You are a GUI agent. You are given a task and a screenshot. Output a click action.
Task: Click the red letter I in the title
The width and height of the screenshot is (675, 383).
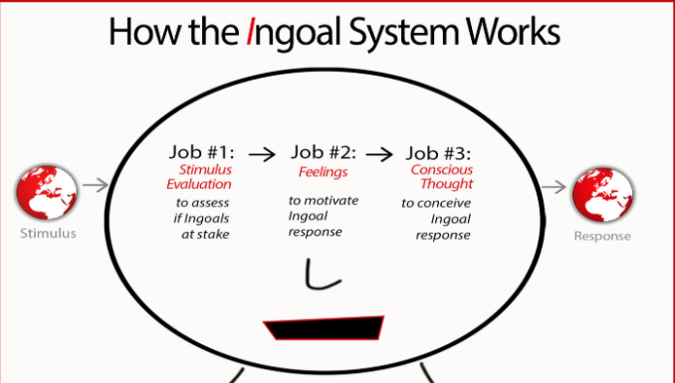pos(250,31)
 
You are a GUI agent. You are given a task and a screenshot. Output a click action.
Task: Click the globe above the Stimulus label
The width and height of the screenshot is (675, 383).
pos(47,192)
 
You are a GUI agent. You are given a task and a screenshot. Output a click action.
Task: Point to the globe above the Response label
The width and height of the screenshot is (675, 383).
pos(602,195)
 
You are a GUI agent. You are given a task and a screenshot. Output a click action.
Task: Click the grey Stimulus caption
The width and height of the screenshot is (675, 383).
pos(48,233)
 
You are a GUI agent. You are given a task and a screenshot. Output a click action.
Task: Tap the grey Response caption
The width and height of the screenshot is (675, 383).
pos(602,236)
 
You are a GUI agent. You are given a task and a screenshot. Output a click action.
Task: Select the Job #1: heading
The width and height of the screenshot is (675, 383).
pos(202,152)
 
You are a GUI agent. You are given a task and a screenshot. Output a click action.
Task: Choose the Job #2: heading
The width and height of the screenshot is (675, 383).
pos(324,152)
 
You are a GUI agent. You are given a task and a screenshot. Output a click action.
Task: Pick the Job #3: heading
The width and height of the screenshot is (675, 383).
pos(439,153)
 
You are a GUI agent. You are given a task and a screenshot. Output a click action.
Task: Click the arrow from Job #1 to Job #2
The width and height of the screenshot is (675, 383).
pos(262,154)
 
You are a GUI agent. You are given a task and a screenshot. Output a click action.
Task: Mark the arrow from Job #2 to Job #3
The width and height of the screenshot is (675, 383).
pos(379,154)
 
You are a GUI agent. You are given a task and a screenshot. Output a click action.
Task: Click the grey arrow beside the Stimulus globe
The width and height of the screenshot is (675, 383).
pos(96,185)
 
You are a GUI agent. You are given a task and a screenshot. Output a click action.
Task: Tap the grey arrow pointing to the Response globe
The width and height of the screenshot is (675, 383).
pos(554,187)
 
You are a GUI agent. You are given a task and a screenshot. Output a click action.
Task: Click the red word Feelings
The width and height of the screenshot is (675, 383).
pos(323,172)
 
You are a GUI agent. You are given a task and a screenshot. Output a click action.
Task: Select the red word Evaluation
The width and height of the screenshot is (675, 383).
pos(199,184)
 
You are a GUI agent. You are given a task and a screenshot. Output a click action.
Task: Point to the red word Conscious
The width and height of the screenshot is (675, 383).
pos(442,169)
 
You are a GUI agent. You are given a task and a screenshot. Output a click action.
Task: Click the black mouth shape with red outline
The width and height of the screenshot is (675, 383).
pos(325,328)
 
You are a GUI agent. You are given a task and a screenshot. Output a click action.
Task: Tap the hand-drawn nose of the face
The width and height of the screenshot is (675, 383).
pos(322,275)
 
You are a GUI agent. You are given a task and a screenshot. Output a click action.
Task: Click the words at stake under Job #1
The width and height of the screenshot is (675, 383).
pos(205,235)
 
